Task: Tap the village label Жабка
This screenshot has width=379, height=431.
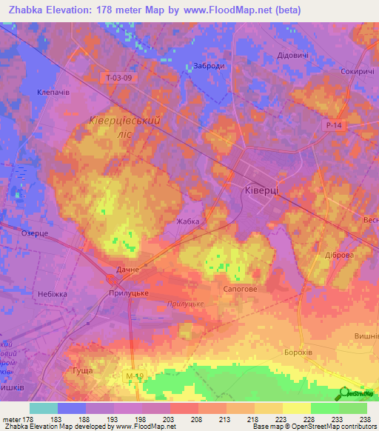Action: tap(189, 221)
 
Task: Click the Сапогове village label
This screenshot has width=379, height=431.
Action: tap(241, 290)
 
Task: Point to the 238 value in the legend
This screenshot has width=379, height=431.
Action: tap(364, 419)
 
